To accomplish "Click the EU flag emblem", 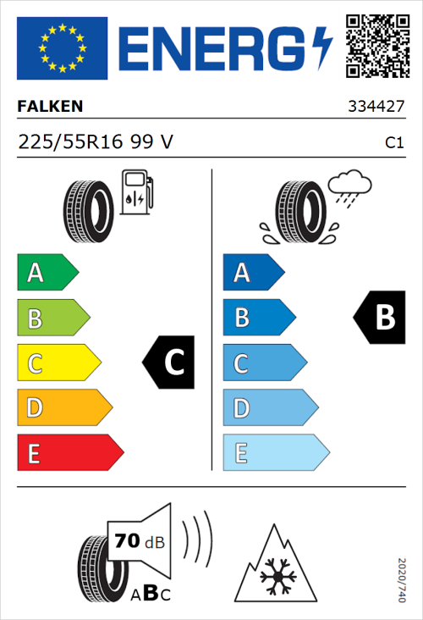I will point(62,48).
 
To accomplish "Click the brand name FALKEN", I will point(50,108).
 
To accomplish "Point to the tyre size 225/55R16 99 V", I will point(96,143).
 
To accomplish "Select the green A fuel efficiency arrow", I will point(47,273).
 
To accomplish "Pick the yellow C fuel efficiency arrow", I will point(58,363).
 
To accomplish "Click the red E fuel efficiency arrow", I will point(69,453).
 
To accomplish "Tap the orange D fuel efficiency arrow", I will point(63,408).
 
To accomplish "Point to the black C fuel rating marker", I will point(168,363).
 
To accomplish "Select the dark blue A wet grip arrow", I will point(252,273).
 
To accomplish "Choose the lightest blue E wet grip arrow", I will point(275,453).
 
